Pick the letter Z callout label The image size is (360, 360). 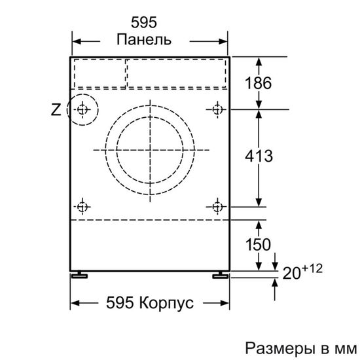coord(56,110)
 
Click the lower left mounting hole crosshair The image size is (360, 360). coord(82,207)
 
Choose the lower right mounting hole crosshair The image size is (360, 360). coord(217,207)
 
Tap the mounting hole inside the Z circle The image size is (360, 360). coord(82,109)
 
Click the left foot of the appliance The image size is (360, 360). coord(80,276)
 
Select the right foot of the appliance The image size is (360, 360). coord(218,276)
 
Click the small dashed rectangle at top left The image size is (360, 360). coord(98,73)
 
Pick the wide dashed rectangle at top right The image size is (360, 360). coord(176,73)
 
